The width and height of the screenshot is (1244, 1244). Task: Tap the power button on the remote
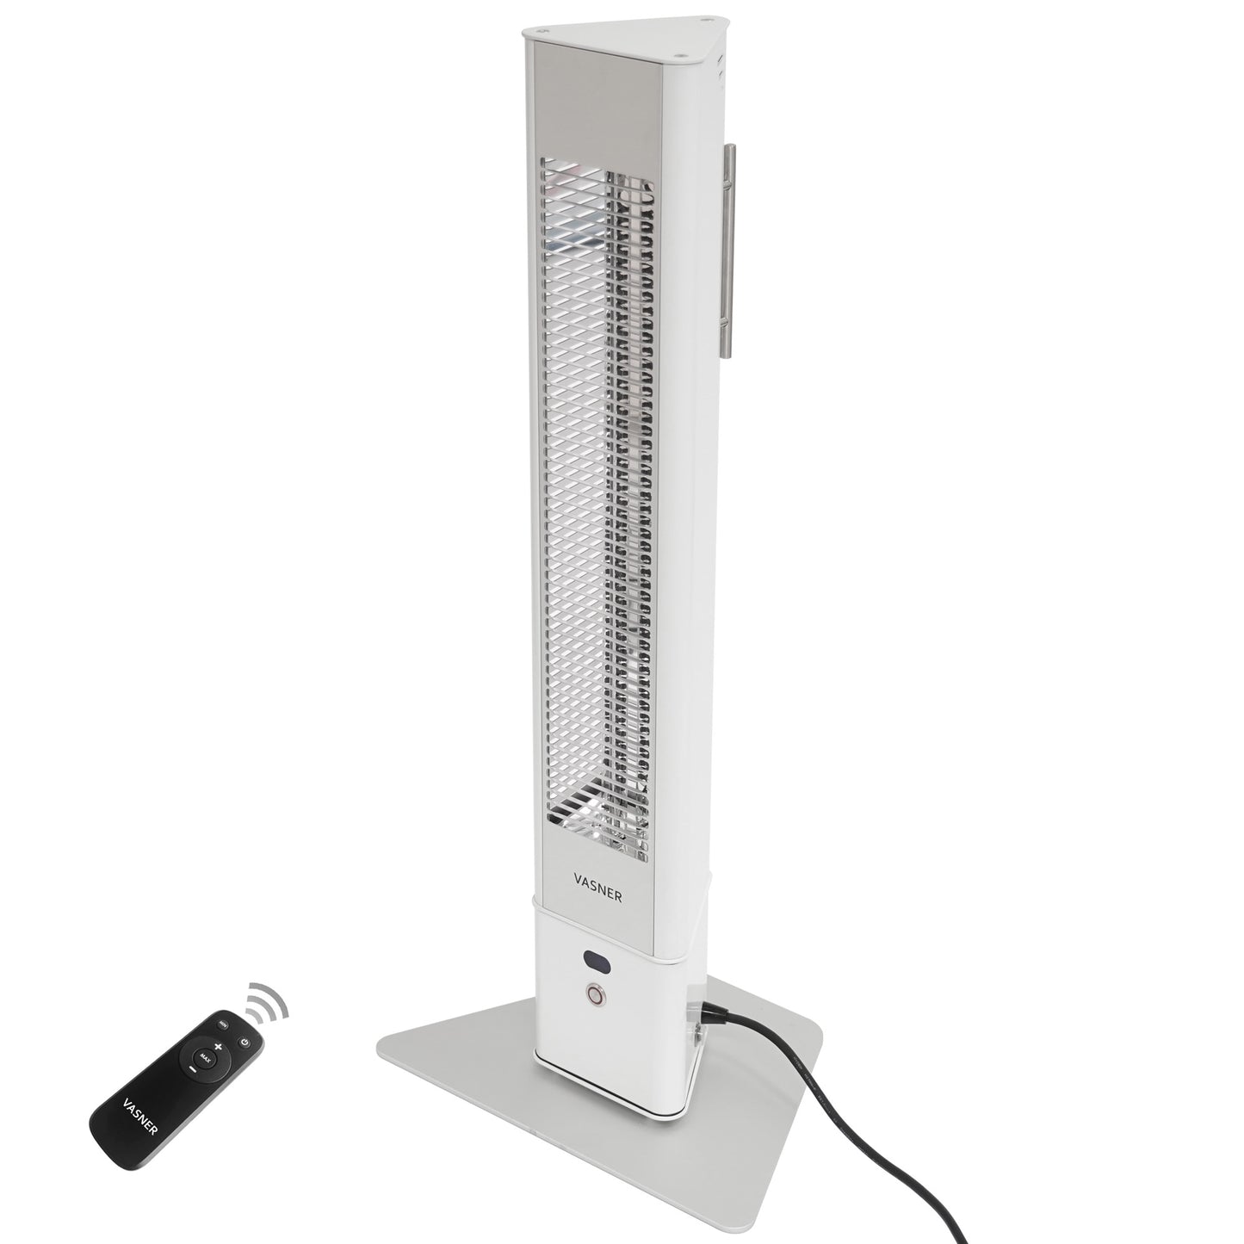coord(245,1043)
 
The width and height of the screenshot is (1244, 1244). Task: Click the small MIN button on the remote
coord(223,1024)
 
